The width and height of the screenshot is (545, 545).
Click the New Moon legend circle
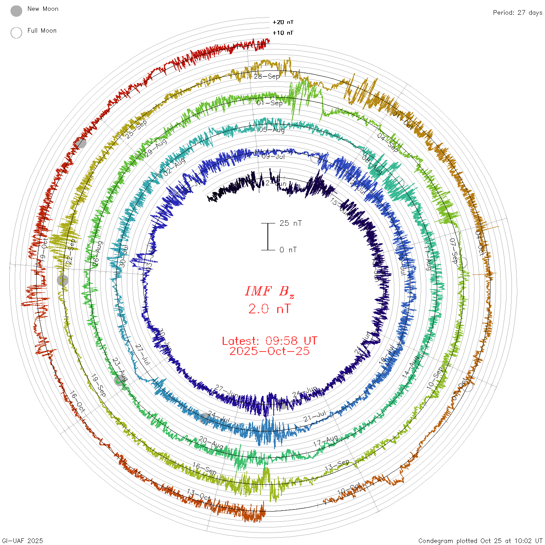coord(16,11)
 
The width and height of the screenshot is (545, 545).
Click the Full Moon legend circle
coord(16,33)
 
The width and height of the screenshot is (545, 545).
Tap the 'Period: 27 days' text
coord(517,13)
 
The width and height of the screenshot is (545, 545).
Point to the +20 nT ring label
coord(283,22)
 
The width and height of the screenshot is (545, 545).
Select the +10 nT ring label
coord(283,33)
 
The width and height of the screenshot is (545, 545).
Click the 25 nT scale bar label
coord(290,223)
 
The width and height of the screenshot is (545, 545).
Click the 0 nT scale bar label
coord(288,250)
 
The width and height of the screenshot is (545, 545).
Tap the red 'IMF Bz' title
coord(269,292)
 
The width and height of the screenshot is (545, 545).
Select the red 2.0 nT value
coord(269,309)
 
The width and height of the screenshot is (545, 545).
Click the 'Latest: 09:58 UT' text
coord(269,341)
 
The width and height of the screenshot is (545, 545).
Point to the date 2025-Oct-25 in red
coord(269,351)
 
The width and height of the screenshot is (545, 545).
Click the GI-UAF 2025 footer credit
coord(22,541)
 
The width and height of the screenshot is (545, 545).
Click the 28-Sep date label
coord(267,76)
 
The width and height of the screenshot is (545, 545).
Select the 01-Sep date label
coord(270,103)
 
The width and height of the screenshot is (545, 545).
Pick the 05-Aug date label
coord(272,130)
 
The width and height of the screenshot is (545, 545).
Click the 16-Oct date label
coord(77,402)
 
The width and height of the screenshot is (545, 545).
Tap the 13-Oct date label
coord(199,495)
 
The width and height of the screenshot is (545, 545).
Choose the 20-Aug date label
coord(211,443)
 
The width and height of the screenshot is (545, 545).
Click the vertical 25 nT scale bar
coord(268,237)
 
